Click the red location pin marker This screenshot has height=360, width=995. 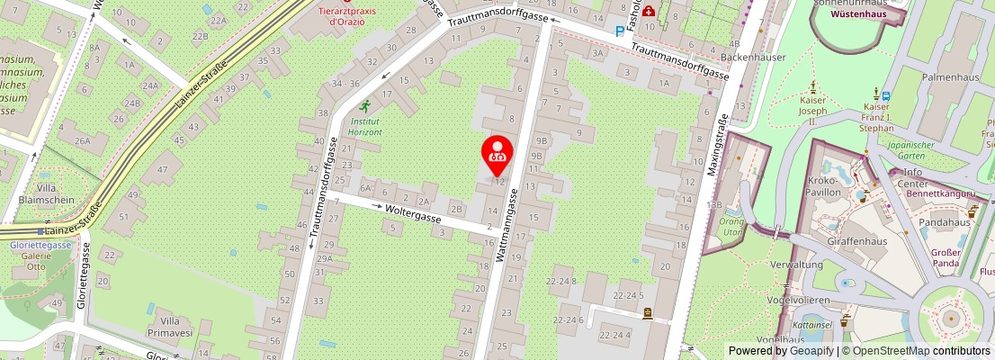497,151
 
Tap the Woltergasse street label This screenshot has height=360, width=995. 413,213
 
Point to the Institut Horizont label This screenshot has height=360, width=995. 366,126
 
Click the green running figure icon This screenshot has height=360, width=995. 365,106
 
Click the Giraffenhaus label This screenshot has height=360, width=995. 856,241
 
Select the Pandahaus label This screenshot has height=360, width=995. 944,222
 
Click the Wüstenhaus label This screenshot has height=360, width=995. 858,14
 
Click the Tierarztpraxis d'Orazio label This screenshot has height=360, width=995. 347,15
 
